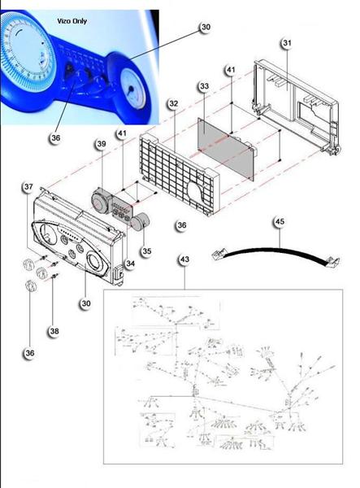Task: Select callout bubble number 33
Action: pos(203,85)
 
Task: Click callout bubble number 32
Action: pos(173,104)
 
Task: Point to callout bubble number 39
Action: pos(101,144)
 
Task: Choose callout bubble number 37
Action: pos(28,187)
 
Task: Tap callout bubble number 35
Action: pos(146,251)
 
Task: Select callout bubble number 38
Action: pos(54,331)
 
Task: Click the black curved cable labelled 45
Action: pos(276,253)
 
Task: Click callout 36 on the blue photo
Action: pos(55,137)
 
